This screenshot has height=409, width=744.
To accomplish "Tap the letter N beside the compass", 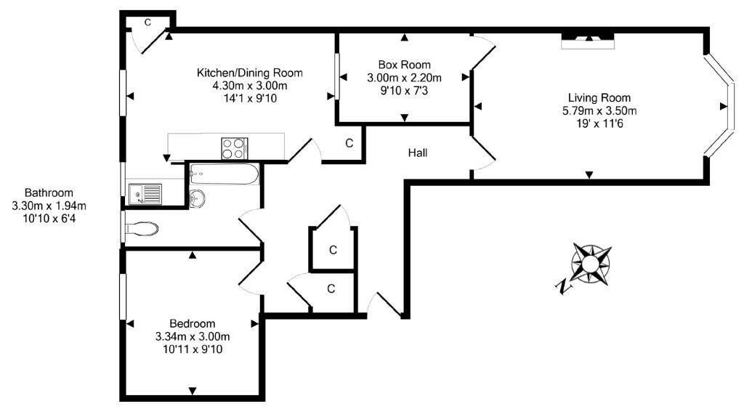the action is [x=563, y=286].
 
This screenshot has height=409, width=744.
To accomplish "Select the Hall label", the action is [x=418, y=153].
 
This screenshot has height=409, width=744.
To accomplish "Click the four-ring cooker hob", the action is [x=235, y=148].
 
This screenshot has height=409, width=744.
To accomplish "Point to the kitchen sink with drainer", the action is [x=145, y=194].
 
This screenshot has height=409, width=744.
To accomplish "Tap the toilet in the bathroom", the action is [x=140, y=229].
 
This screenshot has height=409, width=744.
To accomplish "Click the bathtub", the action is [x=225, y=174].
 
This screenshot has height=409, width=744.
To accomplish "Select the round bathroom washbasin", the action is [x=198, y=199].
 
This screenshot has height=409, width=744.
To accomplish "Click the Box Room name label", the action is [x=404, y=65].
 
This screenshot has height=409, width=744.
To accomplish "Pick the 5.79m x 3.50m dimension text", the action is [x=599, y=111].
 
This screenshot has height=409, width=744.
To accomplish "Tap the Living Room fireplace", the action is [x=589, y=40].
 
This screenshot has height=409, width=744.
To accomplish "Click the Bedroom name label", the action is [x=192, y=323].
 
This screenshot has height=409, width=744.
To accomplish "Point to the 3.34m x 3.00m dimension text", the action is [x=193, y=337].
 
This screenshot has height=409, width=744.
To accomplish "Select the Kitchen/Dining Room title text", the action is [x=250, y=73].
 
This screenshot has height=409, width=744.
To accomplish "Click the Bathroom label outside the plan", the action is [x=49, y=193].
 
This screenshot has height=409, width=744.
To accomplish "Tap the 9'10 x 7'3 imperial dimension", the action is [x=404, y=90].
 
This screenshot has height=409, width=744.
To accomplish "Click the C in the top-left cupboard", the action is [x=147, y=23].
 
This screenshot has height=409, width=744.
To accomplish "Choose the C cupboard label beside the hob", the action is [x=349, y=143].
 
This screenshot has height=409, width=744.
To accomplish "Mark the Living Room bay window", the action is [x=719, y=105].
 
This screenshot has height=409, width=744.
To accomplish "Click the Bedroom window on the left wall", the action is [x=123, y=296].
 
